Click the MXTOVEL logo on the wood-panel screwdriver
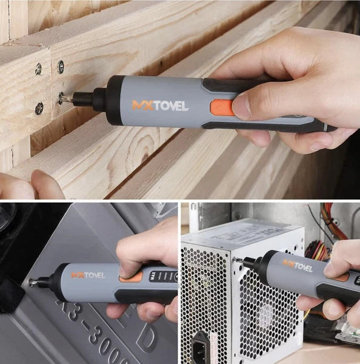(160, 105)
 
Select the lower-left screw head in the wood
(39, 109)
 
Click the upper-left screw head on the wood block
(38, 70)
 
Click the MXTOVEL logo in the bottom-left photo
(88, 275)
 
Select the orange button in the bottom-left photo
(131, 277)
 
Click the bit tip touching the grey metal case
(32, 283)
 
